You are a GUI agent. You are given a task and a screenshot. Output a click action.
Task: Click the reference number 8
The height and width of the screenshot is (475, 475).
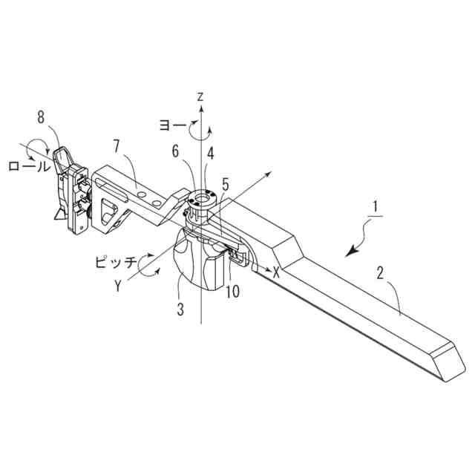[41, 117]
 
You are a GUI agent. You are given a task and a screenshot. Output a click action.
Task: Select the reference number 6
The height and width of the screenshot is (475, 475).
[176, 151]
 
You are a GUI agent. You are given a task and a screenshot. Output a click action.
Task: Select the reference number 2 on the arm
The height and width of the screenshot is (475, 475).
[379, 273]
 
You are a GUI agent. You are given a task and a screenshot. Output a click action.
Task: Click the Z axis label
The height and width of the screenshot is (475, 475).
[200, 96]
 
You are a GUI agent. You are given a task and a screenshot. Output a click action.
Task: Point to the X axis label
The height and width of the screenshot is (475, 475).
[276, 272]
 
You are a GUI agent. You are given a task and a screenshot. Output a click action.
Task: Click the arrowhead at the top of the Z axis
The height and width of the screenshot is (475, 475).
[200, 109]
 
